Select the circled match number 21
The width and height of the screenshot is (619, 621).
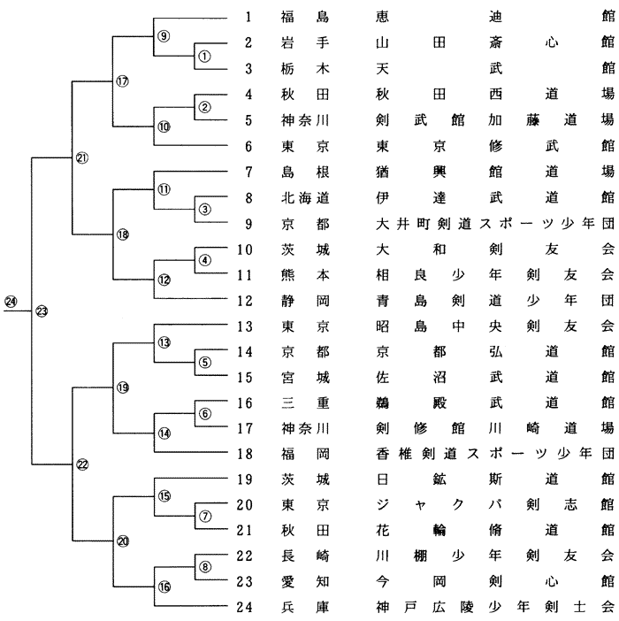(82, 157)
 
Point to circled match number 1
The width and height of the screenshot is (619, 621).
(204, 55)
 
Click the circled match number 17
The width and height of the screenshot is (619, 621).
(123, 81)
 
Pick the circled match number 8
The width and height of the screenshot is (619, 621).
(204, 567)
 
